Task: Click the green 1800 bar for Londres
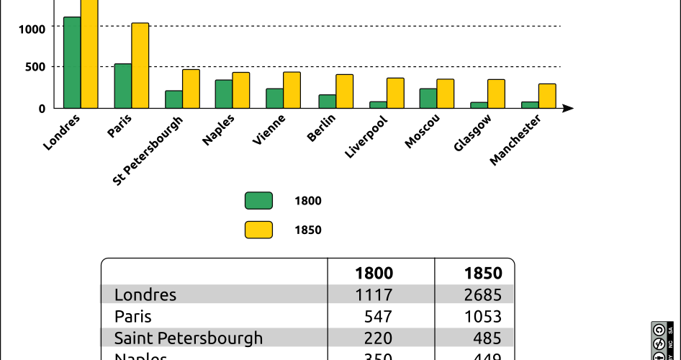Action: (72, 62)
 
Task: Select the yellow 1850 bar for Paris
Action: (140, 66)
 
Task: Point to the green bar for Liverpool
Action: (378, 104)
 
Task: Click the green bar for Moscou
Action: (428, 98)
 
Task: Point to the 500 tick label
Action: (37, 67)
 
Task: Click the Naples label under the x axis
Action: (218, 130)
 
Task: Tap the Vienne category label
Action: (269, 130)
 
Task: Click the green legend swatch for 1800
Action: (258, 201)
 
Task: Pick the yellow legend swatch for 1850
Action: (258, 230)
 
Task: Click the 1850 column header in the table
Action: (483, 273)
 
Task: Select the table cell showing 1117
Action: (374, 294)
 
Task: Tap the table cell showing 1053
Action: (483, 316)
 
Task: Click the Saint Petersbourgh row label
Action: (189, 338)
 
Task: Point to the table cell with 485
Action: (488, 338)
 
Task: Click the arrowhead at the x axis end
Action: (568, 108)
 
